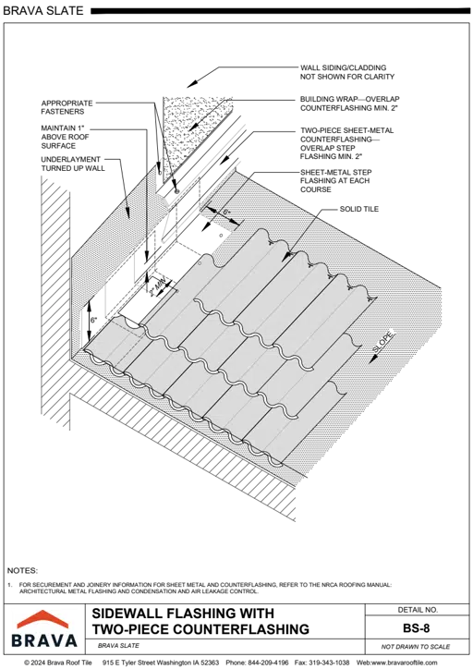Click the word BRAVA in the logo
(x=44, y=639)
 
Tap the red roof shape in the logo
(x=44, y=619)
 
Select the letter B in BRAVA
(x=18, y=639)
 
